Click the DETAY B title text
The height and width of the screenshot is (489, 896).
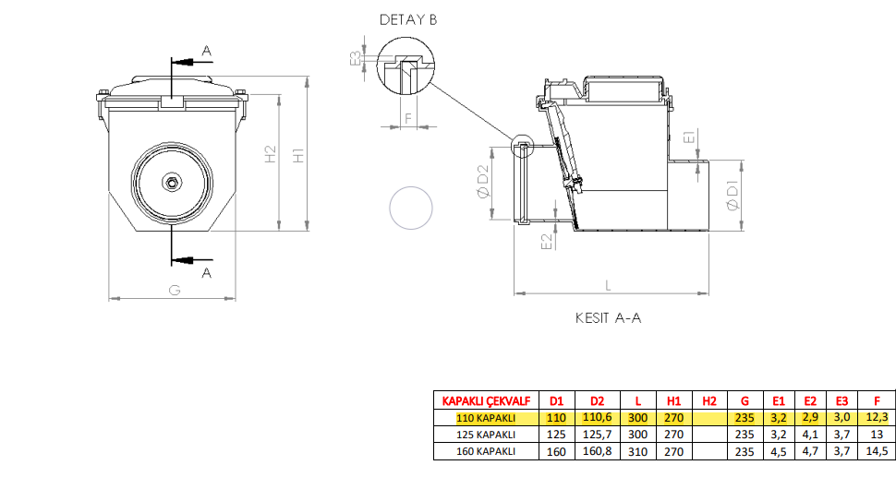coord(408,20)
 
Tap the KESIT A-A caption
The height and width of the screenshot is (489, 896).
coord(608,317)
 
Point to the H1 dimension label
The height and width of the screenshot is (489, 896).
coord(298,155)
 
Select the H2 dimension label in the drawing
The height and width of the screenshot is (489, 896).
coord(271,154)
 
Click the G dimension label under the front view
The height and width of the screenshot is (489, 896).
coord(175,290)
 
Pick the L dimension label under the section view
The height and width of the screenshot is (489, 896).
coord(608,285)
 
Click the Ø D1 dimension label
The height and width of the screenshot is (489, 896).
coord(733,196)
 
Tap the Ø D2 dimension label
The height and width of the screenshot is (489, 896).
coord(483,181)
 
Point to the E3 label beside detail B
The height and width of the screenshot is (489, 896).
coord(356,57)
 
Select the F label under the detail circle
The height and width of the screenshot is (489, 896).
coord(408,118)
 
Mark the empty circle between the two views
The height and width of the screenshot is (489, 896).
coord(411,209)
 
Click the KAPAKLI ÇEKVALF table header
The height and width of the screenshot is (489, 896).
coord(486,400)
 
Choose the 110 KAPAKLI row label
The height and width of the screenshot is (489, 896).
coord(486,418)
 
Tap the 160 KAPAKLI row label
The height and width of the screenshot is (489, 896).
coord(486,451)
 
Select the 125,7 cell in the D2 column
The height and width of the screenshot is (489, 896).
coord(597,435)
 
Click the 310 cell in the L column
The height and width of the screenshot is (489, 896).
coord(637,451)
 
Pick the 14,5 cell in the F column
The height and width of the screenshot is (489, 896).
coord(878,451)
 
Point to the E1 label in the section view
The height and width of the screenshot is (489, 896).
coord(689,137)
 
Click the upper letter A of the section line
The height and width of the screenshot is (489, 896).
coord(207,52)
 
